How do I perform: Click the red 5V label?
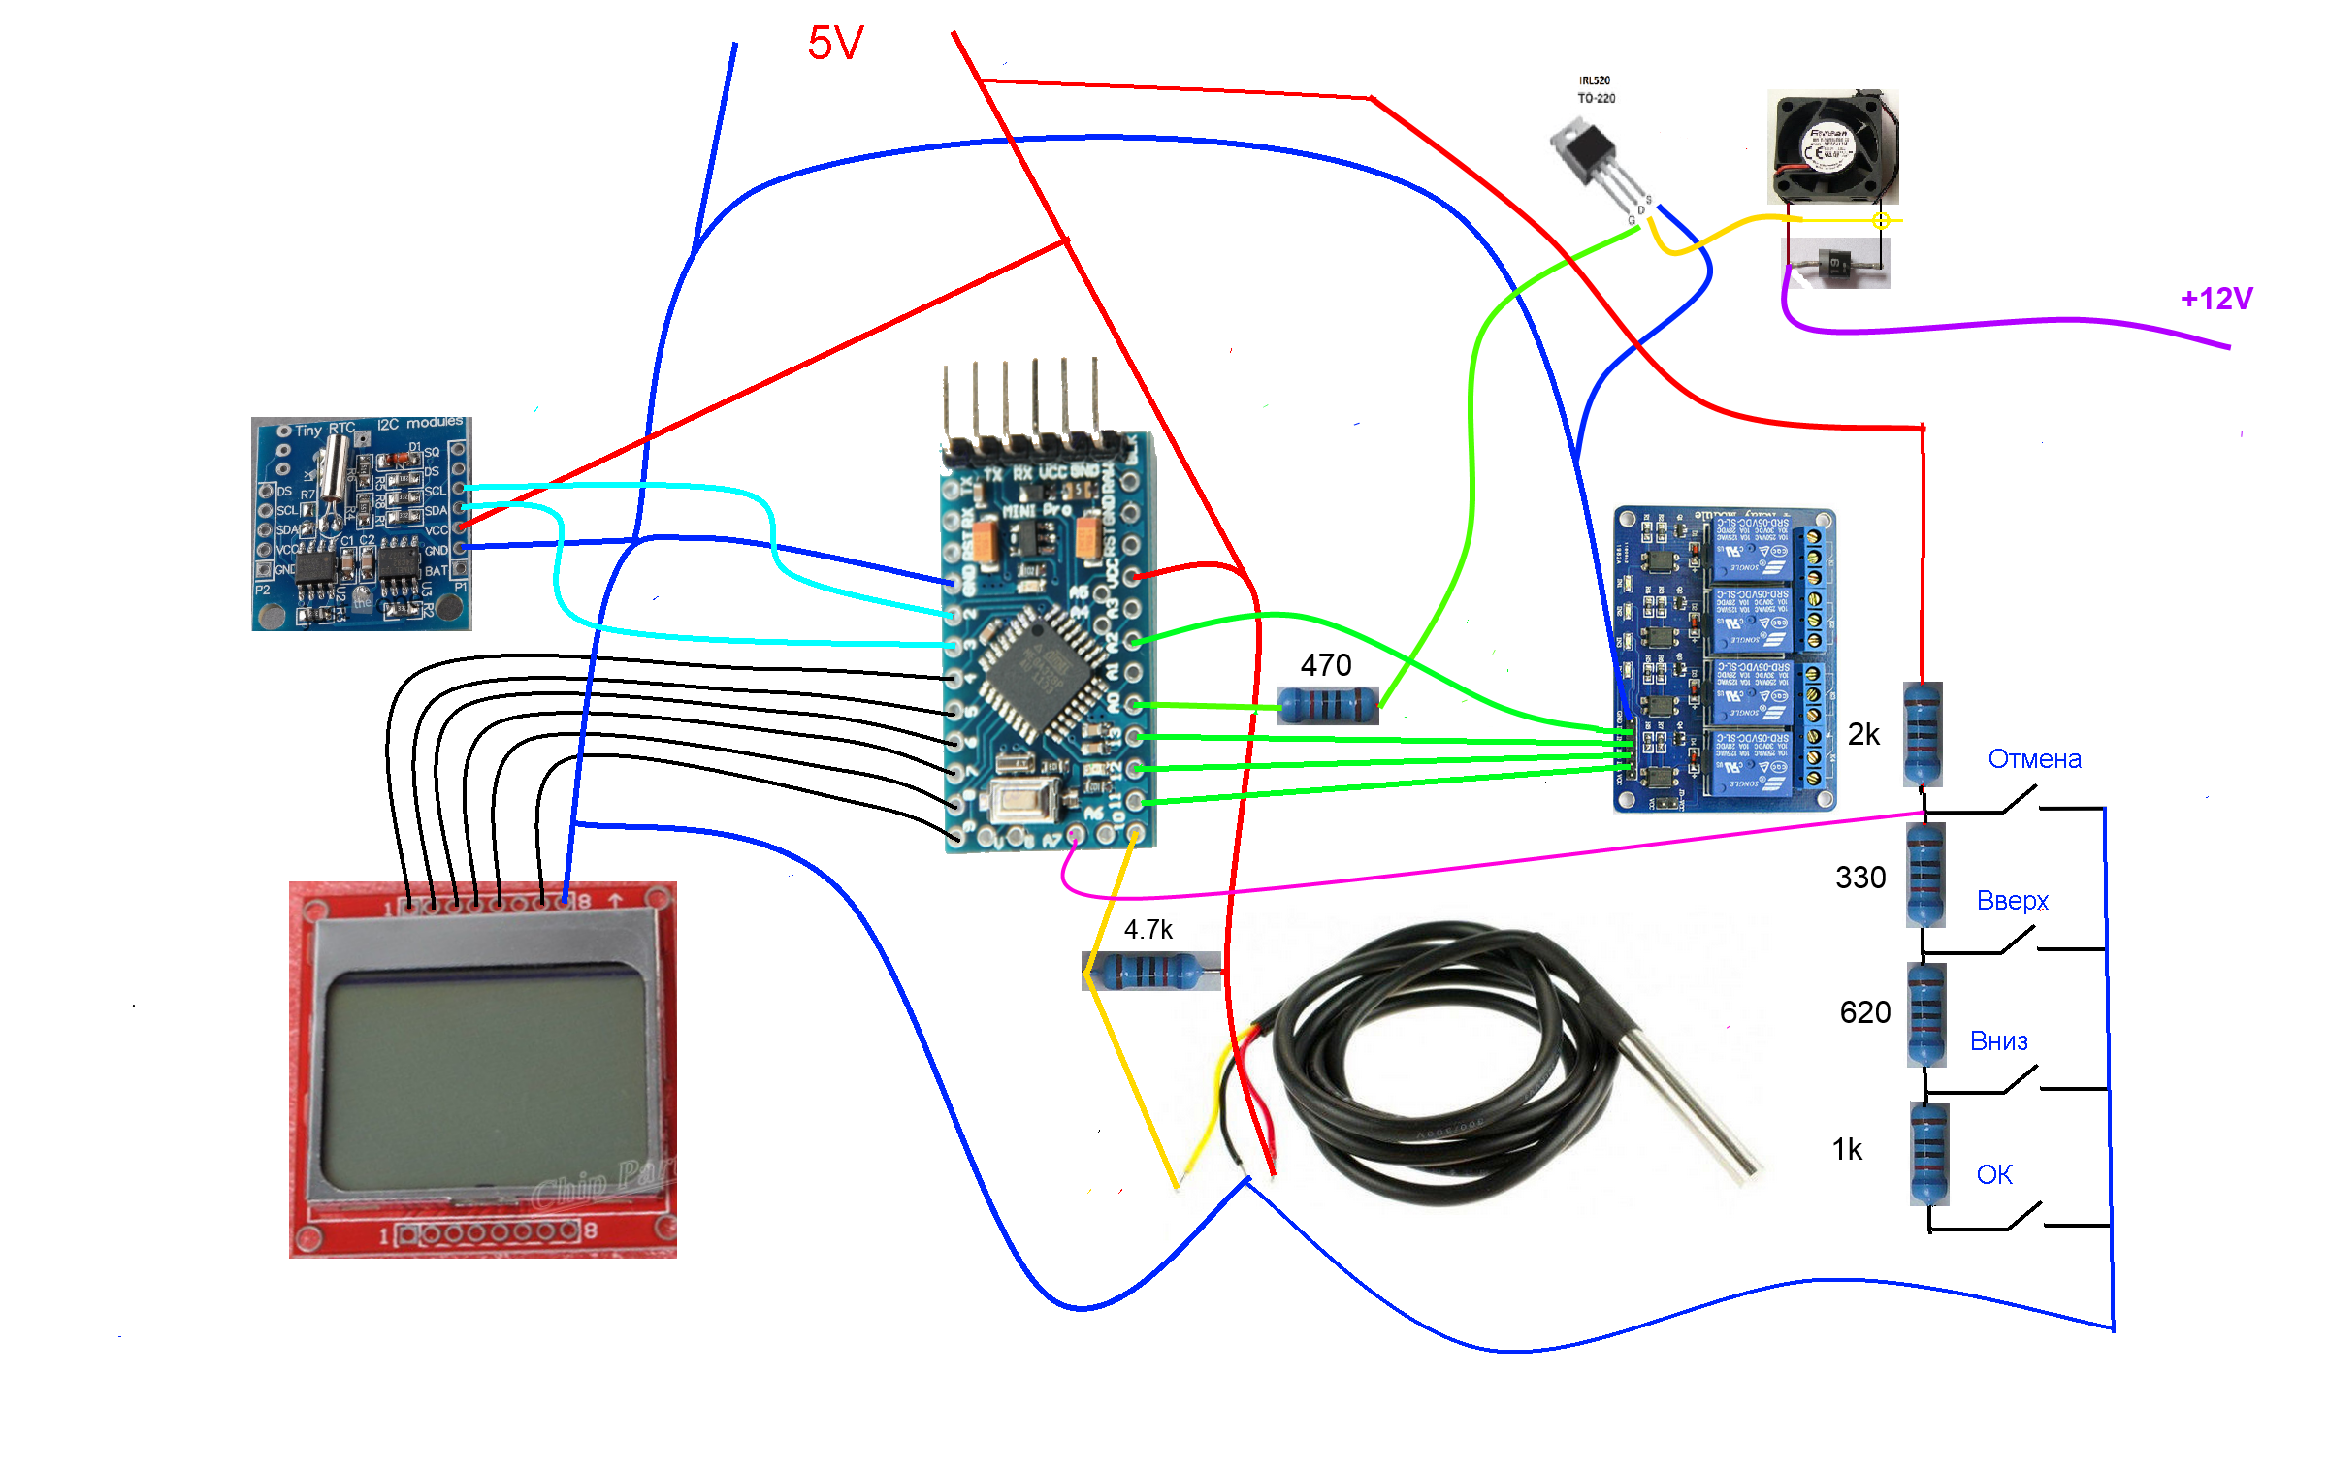(835, 44)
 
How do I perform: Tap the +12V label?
(2216, 299)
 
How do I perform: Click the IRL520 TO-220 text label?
(1596, 89)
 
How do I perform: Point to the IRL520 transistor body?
(1587, 150)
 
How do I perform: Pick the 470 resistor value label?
(1325, 665)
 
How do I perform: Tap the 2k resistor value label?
(1863, 735)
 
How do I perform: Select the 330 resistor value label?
(1860, 878)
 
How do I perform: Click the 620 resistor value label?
(1864, 1012)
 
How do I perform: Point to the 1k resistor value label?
(1847, 1150)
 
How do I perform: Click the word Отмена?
(2034, 759)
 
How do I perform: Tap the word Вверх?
(2013, 901)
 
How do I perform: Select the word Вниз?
(1998, 1041)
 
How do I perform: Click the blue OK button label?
(1994, 1175)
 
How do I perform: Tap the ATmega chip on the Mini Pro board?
(1038, 669)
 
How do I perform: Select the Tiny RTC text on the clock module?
(325, 430)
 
